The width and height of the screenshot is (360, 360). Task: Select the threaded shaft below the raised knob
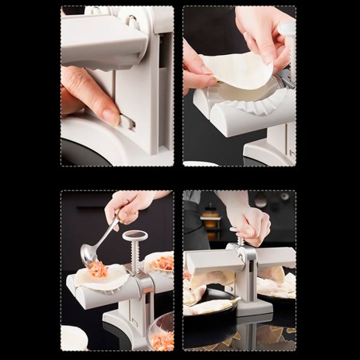[x=135, y=254]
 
